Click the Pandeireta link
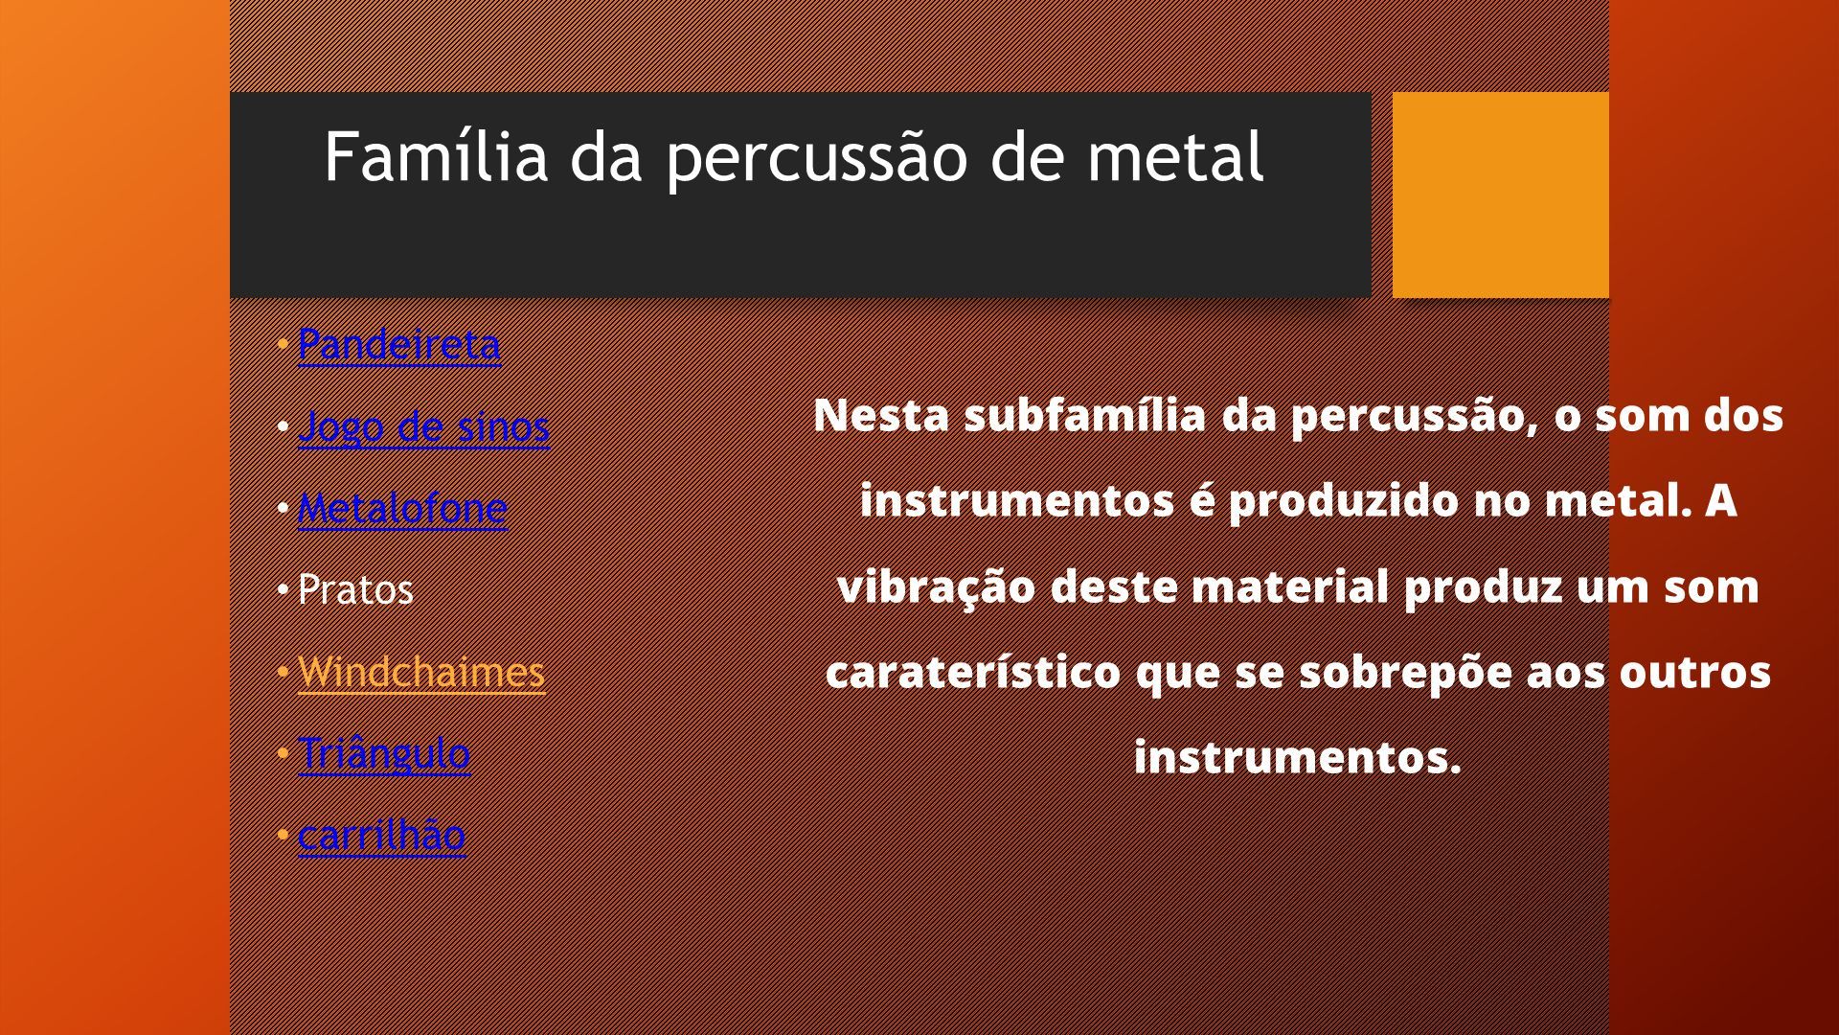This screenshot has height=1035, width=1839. (398, 344)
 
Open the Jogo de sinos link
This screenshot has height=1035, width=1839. (424, 426)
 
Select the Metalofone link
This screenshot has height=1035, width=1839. (402, 508)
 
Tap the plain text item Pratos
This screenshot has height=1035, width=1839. (355, 589)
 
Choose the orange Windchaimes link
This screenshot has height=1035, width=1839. (421, 671)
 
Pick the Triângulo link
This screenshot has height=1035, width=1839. (384, 753)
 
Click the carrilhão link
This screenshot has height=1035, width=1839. (381, 835)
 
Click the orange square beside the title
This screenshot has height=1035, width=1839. (1500, 195)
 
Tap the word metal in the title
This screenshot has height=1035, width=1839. (1176, 156)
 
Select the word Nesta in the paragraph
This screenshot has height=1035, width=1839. (881, 416)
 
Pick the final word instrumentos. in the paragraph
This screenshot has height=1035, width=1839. (1298, 758)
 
